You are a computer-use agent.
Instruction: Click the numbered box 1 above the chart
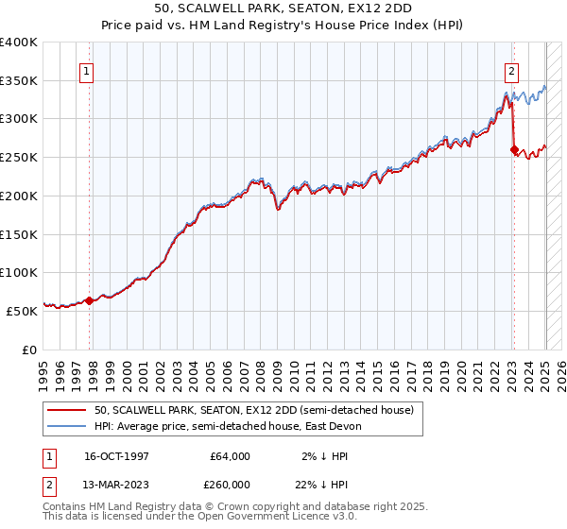[x=86, y=70]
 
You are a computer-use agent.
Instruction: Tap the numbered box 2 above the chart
[x=511, y=70]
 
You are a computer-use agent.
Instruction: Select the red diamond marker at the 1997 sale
[x=89, y=300]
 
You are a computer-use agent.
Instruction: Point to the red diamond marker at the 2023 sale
[x=514, y=149]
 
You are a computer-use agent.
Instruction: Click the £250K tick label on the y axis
[x=19, y=157]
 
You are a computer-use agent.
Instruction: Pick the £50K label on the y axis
[x=22, y=310]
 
